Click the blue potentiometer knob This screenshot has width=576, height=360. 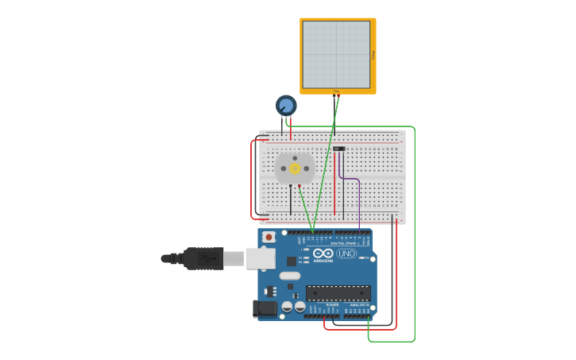[286, 105]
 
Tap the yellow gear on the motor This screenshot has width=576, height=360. [295, 168]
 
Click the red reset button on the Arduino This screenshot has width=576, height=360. [269, 237]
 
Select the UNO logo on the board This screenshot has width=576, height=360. [347, 254]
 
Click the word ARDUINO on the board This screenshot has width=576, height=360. [323, 260]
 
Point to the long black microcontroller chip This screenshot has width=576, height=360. [338, 292]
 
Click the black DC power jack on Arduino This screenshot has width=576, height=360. [263, 308]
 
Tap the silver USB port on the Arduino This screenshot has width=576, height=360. [261, 258]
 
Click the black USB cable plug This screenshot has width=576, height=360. [203, 258]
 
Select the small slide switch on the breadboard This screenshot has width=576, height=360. [339, 149]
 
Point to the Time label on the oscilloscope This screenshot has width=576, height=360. [336, 91]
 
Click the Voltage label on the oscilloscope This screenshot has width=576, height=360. [373, 54]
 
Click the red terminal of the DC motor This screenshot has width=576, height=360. [300, 185]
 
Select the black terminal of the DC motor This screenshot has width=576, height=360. [290, 185]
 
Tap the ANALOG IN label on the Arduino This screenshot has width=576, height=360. [360, 304]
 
